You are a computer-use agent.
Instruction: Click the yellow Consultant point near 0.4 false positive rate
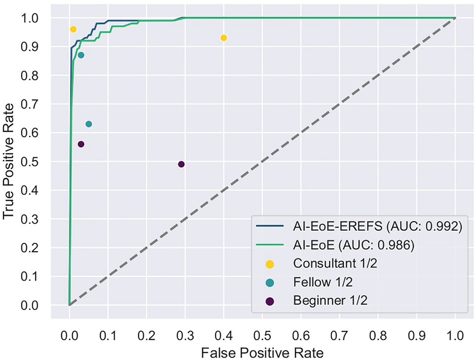(224, 38)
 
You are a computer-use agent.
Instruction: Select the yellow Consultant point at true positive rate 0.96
(73, 29)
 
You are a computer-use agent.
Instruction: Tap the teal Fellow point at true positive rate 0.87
(81, 55)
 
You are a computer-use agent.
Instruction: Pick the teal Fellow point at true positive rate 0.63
(89, 124)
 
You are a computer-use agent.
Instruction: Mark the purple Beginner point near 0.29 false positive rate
(181, 164)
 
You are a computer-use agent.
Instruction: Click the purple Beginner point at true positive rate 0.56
(81, 144)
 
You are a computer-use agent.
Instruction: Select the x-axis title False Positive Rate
(262, 352)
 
